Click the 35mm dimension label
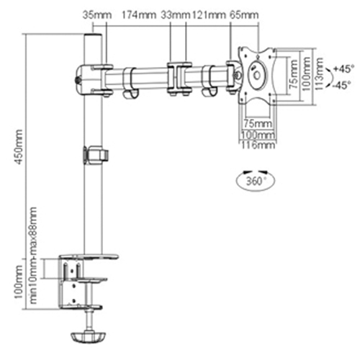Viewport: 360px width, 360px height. (x=92, y=14)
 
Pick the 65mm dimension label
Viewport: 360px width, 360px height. (x=245, y=14)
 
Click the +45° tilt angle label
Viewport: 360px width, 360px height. (x=344, y=68)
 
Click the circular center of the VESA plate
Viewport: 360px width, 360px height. (x=257, y=74)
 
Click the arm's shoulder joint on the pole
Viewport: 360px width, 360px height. (x=91, y=76)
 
